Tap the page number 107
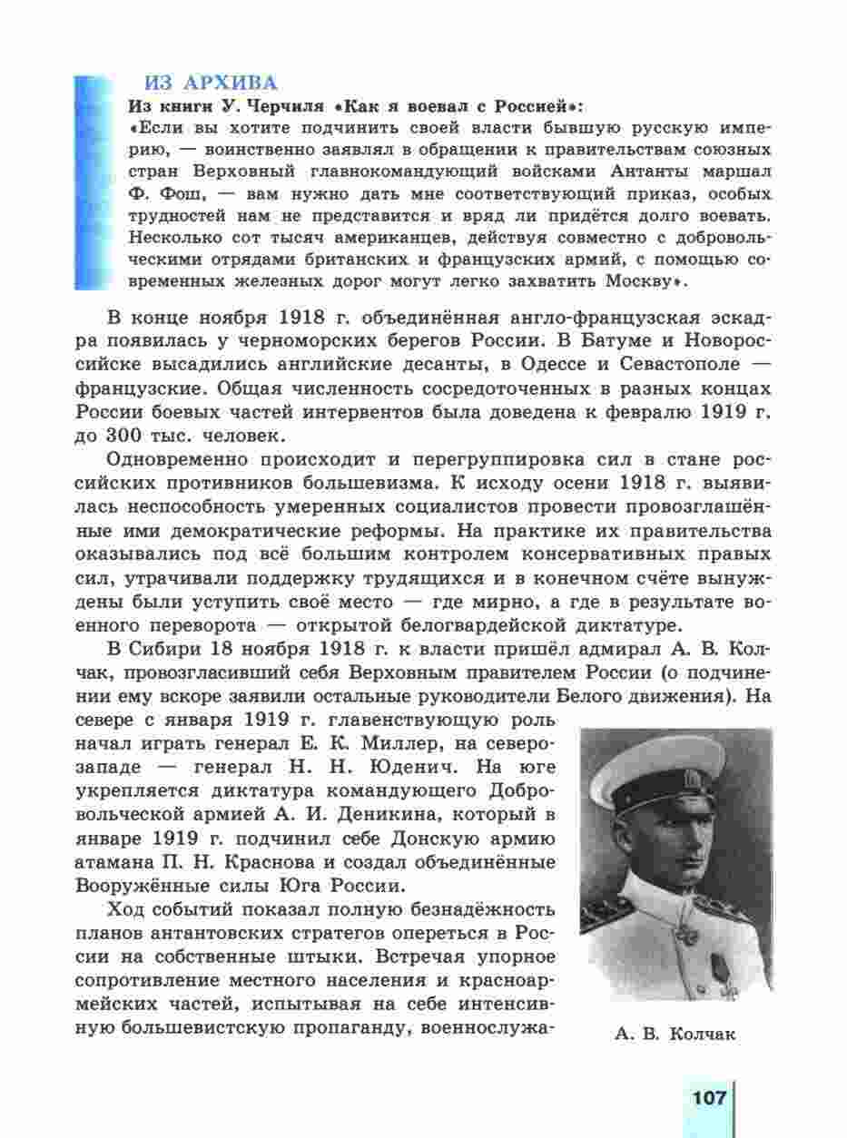[709, 1097]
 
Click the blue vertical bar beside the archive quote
[92, 181]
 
